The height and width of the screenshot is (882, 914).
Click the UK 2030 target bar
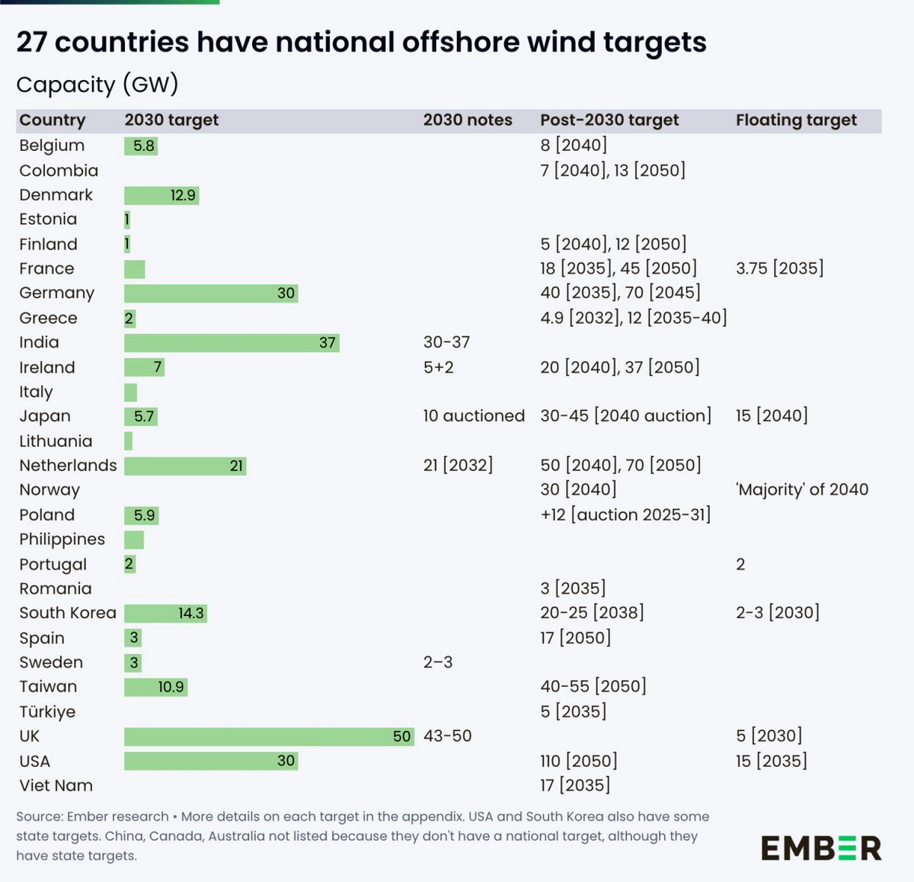pyautogui.click(x=269, y=736)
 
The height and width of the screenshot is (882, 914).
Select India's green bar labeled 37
pyautogui.click(x=232, y=343)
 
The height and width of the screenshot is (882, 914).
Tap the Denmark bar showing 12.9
pyautogui.click(x=161, y=195)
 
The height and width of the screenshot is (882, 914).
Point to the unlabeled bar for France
pyautogui.click(x=135, y=269)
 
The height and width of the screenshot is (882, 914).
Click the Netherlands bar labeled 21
pyautogui.click(x=185, y=466)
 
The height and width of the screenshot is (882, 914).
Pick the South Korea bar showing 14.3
pyautogui.click(x=165, y=613)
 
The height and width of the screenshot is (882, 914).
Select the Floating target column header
pyautogui.click(x=796, y=120)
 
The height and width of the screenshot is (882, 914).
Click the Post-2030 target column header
pyautogui.click(x=609, y=120)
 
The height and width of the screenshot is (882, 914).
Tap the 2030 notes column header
pyautogui.click(x=468, y=120)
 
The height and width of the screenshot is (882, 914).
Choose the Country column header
pyautogui.click(x=53, y=120)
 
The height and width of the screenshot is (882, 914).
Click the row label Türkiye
pyautogui.click(x=47, y=712)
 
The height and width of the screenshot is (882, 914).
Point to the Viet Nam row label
pyautogui.click(x=56, y=785)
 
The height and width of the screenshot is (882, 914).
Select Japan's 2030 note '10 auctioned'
pyautogui.click(x=474, y=416)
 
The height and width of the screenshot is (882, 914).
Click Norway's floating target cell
pyautogui.click(x=802, y=489)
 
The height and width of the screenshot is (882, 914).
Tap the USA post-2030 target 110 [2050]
pyautogui.click(x=579, y=761)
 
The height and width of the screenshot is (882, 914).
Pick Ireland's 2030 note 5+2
pyautogui.click(x=439, y=367)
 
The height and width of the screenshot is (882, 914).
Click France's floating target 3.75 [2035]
pyautogui.click(x=779, y=268)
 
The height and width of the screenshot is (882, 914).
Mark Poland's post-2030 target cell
pyautogui.click(x=625, y=515)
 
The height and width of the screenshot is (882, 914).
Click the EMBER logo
pyautogui.click(x=821, y=848)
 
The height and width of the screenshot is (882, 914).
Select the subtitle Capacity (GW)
pyautogui.click(x=97, y=84)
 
